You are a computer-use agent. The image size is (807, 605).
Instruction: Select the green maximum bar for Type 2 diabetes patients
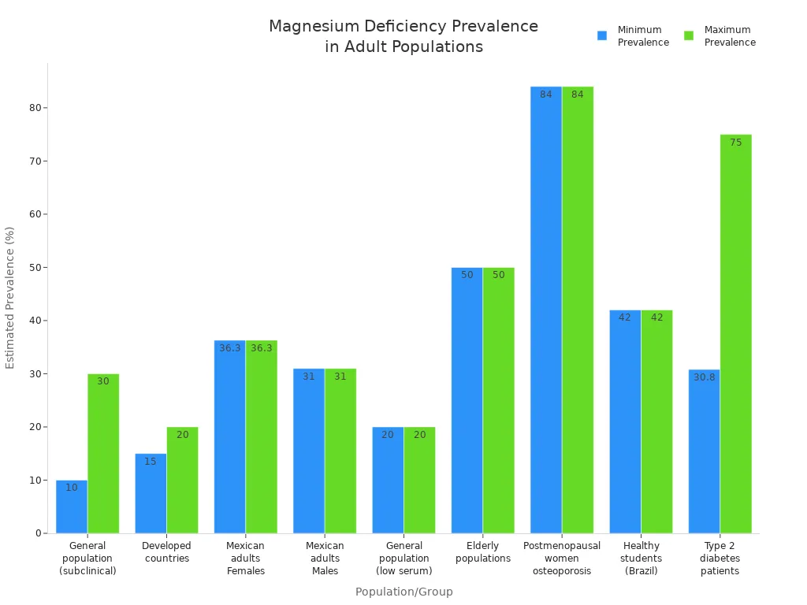[x=735, y=334]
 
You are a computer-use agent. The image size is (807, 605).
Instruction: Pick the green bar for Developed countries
[x=182, y=480]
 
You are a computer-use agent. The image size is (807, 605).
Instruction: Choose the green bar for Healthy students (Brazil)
[x=656, y=421]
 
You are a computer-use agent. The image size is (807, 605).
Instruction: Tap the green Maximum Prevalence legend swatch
[x=689, y=35]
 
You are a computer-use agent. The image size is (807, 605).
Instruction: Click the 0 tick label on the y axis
[x=37, y=533]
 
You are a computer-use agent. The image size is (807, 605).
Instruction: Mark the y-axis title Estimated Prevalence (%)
[x=10, y=298]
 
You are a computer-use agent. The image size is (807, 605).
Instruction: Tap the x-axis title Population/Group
[x=403, y=592]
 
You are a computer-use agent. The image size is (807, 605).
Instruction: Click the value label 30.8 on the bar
[x=705, y=377]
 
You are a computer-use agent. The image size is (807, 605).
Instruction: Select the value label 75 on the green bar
[x=735, y=143]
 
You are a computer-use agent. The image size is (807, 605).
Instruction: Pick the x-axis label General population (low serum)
[x=403, y=558]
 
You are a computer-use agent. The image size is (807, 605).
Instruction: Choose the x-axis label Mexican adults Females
[x=245, y=558]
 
